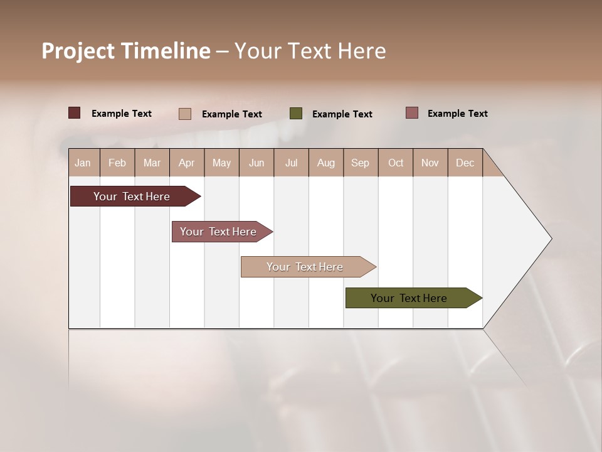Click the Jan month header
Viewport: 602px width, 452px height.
coord(83,163)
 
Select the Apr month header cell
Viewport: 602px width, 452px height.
coord(187,163)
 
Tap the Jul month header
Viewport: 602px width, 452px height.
coord(291,163)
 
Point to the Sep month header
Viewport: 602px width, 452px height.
coord(361,163)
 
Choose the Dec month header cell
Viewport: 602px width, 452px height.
coord(465,163)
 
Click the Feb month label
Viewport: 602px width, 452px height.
coord(117,163)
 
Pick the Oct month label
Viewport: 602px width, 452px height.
coord(396,163)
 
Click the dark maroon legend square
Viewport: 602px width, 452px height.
coord(74,113)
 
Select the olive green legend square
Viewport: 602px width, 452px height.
coord(296,114)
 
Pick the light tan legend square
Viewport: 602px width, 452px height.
coord(185,114)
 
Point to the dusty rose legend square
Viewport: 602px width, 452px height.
coord(412,113)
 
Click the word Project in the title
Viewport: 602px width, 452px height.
coord(78,51)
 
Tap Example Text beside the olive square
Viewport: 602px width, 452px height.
coord(342,114)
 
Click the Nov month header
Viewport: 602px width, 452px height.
coord(430,163)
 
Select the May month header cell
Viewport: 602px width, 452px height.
coord(221,163)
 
